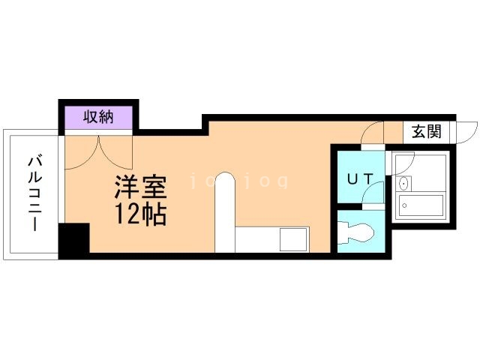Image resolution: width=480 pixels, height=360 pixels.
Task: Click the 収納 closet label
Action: point(98,117)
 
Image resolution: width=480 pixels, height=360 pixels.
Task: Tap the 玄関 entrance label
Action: point(425,132)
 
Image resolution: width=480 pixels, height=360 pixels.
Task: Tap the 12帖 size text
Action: point(139,214)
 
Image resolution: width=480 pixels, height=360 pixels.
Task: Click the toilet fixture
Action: point(355,233)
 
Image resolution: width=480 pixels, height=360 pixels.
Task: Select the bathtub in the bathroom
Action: point(421,205)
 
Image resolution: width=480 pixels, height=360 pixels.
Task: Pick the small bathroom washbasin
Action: point(404,183)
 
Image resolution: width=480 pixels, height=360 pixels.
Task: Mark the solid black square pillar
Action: point(73,241)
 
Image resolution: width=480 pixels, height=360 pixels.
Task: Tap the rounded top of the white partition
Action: point(226,180)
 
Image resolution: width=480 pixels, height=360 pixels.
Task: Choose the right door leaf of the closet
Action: point(112,150)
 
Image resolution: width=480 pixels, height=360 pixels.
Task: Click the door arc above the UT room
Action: point(371,136)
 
